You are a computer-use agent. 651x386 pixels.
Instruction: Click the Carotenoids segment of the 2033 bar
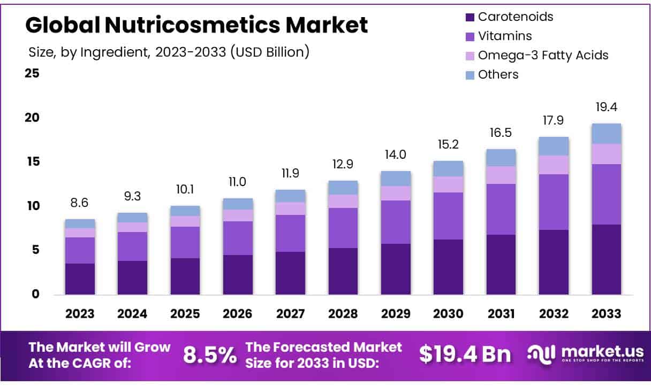607,259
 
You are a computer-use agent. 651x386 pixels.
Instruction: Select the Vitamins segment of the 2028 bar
343,228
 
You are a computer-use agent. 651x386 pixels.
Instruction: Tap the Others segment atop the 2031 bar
501,158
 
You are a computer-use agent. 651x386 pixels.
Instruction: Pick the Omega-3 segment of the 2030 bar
449,184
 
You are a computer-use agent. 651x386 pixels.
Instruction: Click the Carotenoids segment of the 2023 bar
80,279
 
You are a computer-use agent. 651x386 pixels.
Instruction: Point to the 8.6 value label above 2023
80,203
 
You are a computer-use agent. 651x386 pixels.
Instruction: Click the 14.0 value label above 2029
396,155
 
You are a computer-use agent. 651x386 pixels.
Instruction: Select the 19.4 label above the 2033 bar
607,107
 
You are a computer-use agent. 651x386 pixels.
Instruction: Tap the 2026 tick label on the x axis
238,314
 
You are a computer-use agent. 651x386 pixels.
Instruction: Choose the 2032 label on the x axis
554,314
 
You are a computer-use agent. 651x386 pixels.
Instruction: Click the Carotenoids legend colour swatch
470,17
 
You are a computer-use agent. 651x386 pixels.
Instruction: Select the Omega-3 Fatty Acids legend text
543,55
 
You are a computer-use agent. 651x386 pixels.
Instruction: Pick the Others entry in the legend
498,74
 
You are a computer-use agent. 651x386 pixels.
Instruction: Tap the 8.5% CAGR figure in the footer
209,354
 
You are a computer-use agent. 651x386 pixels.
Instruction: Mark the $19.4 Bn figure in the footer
465,354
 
